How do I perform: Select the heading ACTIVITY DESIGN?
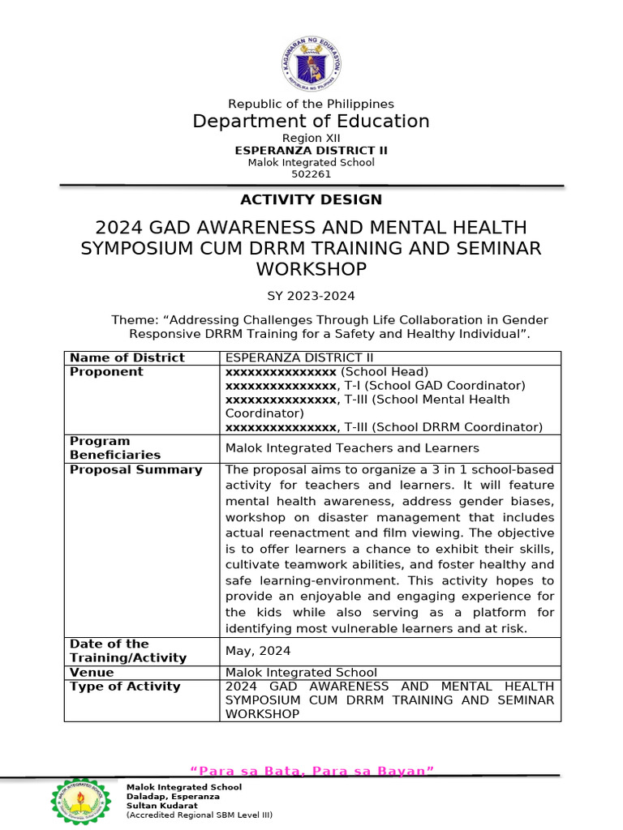pyautogui.click(x=311, y=199)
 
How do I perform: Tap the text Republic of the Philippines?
pyautogui.click(x=311, y=104)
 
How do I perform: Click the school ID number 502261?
pyautogui.click(x=311, y=173)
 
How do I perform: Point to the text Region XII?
pyautogui.click(x=311, y=139)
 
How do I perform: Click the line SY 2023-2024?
pyautogui.click(x=311, y=296)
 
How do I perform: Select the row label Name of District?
pyautogui.click(x=127, y=357)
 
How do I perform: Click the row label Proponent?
pyautogui.click(x=106, y=371)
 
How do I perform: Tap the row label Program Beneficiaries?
pyautogui.click(x=115, y=448)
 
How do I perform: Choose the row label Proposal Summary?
pyautogui.click(x=135, y=469)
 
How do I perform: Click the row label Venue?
pyautogui.click(x=92, y=672)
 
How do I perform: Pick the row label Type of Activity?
pyautogui.click(x=125, y=687)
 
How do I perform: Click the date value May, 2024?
pyautogui.click(x=257, y=651)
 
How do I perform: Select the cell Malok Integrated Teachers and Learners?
pyautogui.click(x=351, y=448)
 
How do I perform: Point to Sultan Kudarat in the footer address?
pyautogui.click(x=161, y=806)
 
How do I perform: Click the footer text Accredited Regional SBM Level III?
pyautogui.click(x=199, y=815)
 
